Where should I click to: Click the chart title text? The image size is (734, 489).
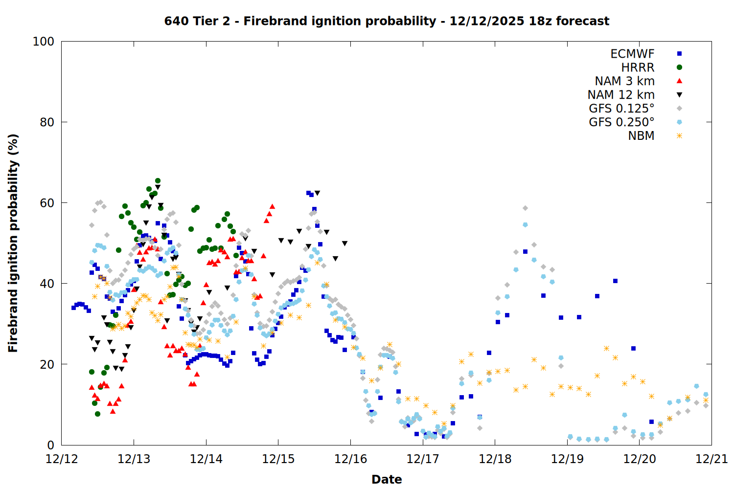(x=387, y=21)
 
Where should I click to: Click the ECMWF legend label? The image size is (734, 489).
(x=632, y=54)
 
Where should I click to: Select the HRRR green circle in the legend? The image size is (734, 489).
(x=679, y=67)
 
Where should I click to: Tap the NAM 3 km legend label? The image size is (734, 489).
(x=624, y=81)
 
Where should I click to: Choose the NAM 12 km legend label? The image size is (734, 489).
(x=621, y=95)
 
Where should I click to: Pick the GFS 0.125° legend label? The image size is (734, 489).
(x=621, y=109)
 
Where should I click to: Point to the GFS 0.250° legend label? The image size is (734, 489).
(x=621, y=122)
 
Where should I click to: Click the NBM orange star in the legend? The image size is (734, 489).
(x=679, y=136)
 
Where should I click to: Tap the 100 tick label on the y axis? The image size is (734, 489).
(x=44, y=42)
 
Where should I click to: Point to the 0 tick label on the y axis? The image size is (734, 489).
(x=50, y=445)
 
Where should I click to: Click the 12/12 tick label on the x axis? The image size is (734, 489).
(x=62, y=459)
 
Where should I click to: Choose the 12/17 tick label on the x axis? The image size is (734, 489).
(x=423, y=459)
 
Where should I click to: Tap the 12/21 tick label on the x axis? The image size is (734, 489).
(x=711, y=459)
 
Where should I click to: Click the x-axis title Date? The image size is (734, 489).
(x=387, y=479)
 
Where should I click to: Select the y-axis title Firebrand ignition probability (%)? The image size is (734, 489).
(x=13, y=243)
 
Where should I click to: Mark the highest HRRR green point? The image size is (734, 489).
(x=158, y=181)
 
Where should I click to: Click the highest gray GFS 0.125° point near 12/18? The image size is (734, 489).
(x=525, y=208)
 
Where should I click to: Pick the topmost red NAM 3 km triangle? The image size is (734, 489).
(x=272, y=206)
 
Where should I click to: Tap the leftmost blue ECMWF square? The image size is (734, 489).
(x=73, y=308)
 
